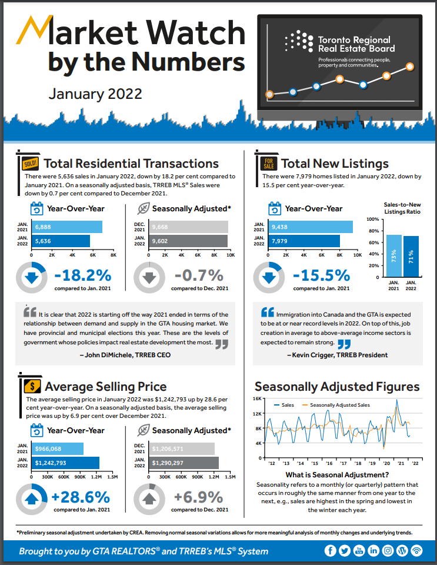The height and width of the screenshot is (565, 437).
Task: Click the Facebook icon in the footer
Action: pyautogui.click(x=330, y=551)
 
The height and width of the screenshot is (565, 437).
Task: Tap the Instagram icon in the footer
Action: pyautogui.click(x=388, y=551)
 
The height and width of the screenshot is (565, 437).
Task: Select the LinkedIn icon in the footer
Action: pyautogui.click(x=373, y=551)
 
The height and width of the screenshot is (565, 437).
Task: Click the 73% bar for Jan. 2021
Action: pyautogui.click(x=394, y=255)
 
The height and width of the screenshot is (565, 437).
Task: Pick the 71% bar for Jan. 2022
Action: pyautogui.click(x=411, y=256)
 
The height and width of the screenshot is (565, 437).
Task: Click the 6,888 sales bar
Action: pyautogui.click(x=67, y=227)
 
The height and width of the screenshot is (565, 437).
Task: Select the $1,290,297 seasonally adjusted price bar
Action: pyautogui.click(x=185, y=463)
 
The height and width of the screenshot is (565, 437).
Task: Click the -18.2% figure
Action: pyautogui.click(x=83, y=275)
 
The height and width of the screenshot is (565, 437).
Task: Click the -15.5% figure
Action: pyautogui.click(x=321, y=275)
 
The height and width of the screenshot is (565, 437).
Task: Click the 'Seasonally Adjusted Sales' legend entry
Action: pyautogui.click(x=336, y=406)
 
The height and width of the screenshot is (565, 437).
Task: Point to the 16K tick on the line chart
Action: pyautogui.click(x=257, y=398)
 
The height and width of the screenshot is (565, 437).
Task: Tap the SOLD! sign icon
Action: pyautogui.click(x=30, y=163)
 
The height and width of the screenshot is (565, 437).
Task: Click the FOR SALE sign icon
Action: pyautogui.click(x=268, y=162)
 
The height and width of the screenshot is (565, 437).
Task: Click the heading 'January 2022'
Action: pyautogui.click(x=95, y=94)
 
